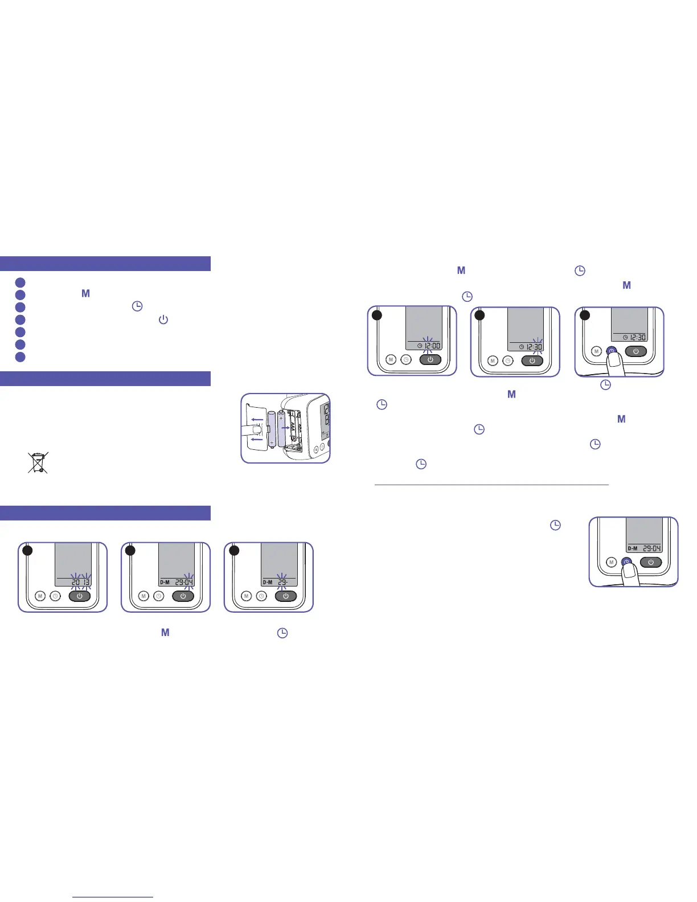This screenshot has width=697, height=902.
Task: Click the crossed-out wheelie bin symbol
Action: pyautogui.click(x=38, y=462)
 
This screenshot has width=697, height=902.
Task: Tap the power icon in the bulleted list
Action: pyautogui.click(x=163, y=319)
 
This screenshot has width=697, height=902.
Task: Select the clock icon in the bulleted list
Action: pyautogui.click(x=137, y=306)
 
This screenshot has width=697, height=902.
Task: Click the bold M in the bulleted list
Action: pyautogui.click(x=86, y=294)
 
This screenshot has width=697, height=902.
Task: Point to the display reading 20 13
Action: pyautogui.click(x=80, y=582)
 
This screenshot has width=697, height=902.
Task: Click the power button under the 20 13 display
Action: pyautogui.click(x=80, y=596)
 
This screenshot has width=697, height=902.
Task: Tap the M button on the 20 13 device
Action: pyautogui.click(x=40, y=596)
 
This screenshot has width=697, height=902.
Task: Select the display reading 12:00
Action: pyautogui.click(x=428, y=346)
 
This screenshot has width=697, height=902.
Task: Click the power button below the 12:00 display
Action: pyautogui.click(x=430, y=360)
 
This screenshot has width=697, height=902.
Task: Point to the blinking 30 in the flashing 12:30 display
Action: pyautogui.click(x=537, y=347)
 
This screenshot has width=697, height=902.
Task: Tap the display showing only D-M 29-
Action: pyautogui.click(x=278, y=582)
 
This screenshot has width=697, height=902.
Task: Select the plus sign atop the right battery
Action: pyautogui.click(x=281, y=417)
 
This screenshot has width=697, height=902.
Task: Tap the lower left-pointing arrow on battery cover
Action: pyautogui.click(x=257, y=439)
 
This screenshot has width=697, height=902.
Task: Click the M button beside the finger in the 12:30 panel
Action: pyautogui.click(x=597, y=351)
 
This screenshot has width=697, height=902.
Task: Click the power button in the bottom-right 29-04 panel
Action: pyautogui.click(x=651, y=562)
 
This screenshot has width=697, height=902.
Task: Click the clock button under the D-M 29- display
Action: pyautogui.click(x=261, y=596)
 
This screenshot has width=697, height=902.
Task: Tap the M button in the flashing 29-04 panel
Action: pyautogui.click(x=143, y=596)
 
